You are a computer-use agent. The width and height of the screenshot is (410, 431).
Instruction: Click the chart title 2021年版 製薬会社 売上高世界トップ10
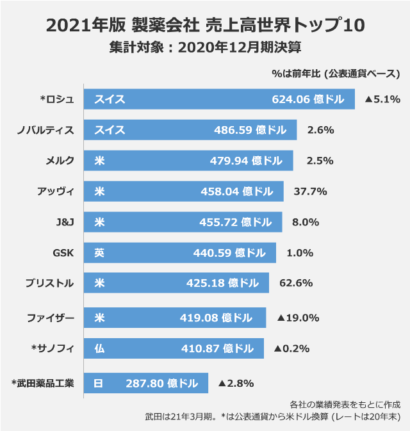point(206,25)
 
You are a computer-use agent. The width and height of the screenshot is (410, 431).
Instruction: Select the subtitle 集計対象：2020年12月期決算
point(205,47)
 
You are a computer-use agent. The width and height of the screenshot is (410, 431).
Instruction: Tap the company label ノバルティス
point(45,130)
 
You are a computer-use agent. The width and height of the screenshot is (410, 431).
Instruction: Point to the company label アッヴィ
point(56,191)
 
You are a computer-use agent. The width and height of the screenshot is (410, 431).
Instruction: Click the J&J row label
point(65,222)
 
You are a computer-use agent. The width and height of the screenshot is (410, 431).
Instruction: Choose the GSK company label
point(63,253)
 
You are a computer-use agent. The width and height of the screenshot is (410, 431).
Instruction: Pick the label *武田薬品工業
point(43,383)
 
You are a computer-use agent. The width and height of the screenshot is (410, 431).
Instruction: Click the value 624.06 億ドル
point(308,99)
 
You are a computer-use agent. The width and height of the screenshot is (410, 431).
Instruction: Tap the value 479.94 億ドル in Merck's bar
point(246,161)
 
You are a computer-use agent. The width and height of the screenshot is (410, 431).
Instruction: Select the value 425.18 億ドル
point(222,283)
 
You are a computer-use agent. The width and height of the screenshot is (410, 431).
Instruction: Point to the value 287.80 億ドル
point(161,384)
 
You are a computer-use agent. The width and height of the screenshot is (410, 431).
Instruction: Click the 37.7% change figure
point(311,191)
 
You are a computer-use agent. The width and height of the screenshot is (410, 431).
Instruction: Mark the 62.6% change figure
point(296,283)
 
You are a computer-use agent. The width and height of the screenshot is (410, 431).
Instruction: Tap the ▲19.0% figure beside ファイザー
point(299,318)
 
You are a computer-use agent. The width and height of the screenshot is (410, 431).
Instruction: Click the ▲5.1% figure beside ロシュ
point(382,99)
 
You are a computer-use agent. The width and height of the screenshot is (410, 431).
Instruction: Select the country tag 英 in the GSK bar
point(99,253)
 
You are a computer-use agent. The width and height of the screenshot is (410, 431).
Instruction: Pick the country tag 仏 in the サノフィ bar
point(99,348)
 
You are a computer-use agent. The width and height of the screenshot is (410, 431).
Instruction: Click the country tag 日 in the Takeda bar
point(98,384)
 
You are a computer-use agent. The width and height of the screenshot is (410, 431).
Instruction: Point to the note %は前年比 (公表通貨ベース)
point(336,74)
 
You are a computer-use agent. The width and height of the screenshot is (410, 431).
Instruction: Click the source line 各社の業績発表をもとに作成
point(345,405)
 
